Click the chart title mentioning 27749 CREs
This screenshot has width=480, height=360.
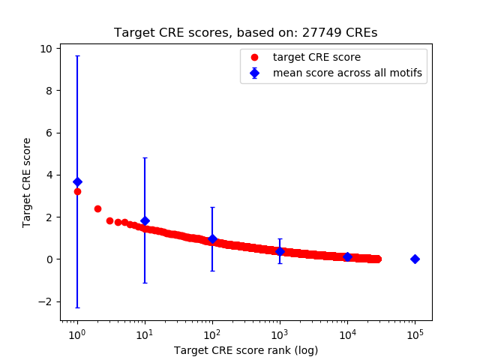[245, 33]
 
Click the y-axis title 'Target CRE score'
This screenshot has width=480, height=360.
[27, 182]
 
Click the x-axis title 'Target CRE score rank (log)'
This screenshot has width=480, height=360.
[246, 350]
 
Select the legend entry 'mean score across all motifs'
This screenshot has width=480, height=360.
[346, 73]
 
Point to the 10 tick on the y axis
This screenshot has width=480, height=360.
[46, 49]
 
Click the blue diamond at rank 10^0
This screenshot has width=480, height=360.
[76, 182]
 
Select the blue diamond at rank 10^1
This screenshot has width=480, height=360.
[145, 221]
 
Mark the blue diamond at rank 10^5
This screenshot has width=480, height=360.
[415, 259]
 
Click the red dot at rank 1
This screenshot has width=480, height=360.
[77, 191]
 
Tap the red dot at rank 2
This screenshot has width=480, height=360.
[97, 208]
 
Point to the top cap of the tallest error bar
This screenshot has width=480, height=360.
[76, 55]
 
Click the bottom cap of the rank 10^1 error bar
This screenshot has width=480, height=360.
[145, 283]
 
